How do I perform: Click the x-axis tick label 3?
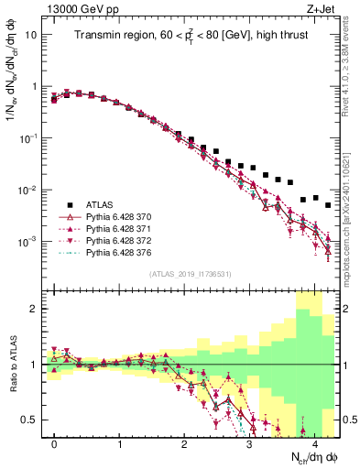click(x=249, y=442)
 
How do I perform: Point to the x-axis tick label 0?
click(x=54, y=442)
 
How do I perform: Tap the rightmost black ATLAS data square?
click(x=328, y=205)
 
